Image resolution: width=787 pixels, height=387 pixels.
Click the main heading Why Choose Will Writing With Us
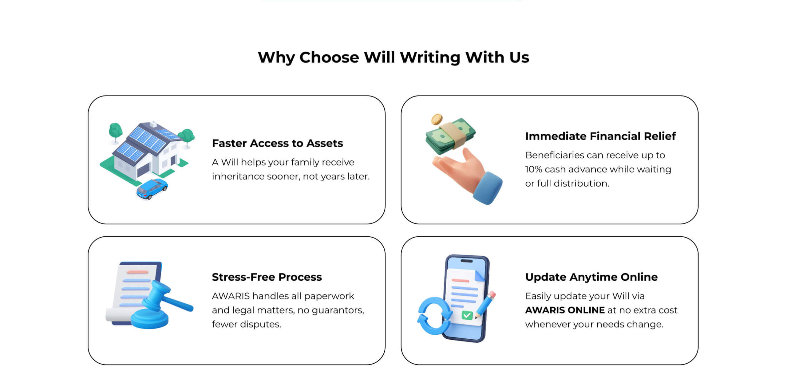pos(393,57)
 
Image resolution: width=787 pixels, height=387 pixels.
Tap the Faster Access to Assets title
pos(277,143)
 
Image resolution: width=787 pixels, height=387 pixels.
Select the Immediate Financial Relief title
pos(600,136)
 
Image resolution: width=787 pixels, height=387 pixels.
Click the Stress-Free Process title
pos(267,277)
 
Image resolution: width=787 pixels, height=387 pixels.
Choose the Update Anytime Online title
pos(591,277)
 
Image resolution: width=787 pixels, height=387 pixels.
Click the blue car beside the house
pos(152,189)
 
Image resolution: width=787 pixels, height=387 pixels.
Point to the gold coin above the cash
pos(437,119)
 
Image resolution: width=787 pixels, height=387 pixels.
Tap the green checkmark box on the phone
pos(467,315)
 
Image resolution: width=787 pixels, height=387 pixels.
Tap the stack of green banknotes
pos(450,136)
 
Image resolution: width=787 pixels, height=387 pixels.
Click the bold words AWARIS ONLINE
pos(565,310)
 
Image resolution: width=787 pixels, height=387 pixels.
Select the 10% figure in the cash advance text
pos(533,169)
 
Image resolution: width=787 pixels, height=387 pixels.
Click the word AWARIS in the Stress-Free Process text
pos(231,296)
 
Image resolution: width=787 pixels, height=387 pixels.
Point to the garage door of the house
pos(143,170)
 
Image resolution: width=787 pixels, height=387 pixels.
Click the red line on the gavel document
pos(137,272)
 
